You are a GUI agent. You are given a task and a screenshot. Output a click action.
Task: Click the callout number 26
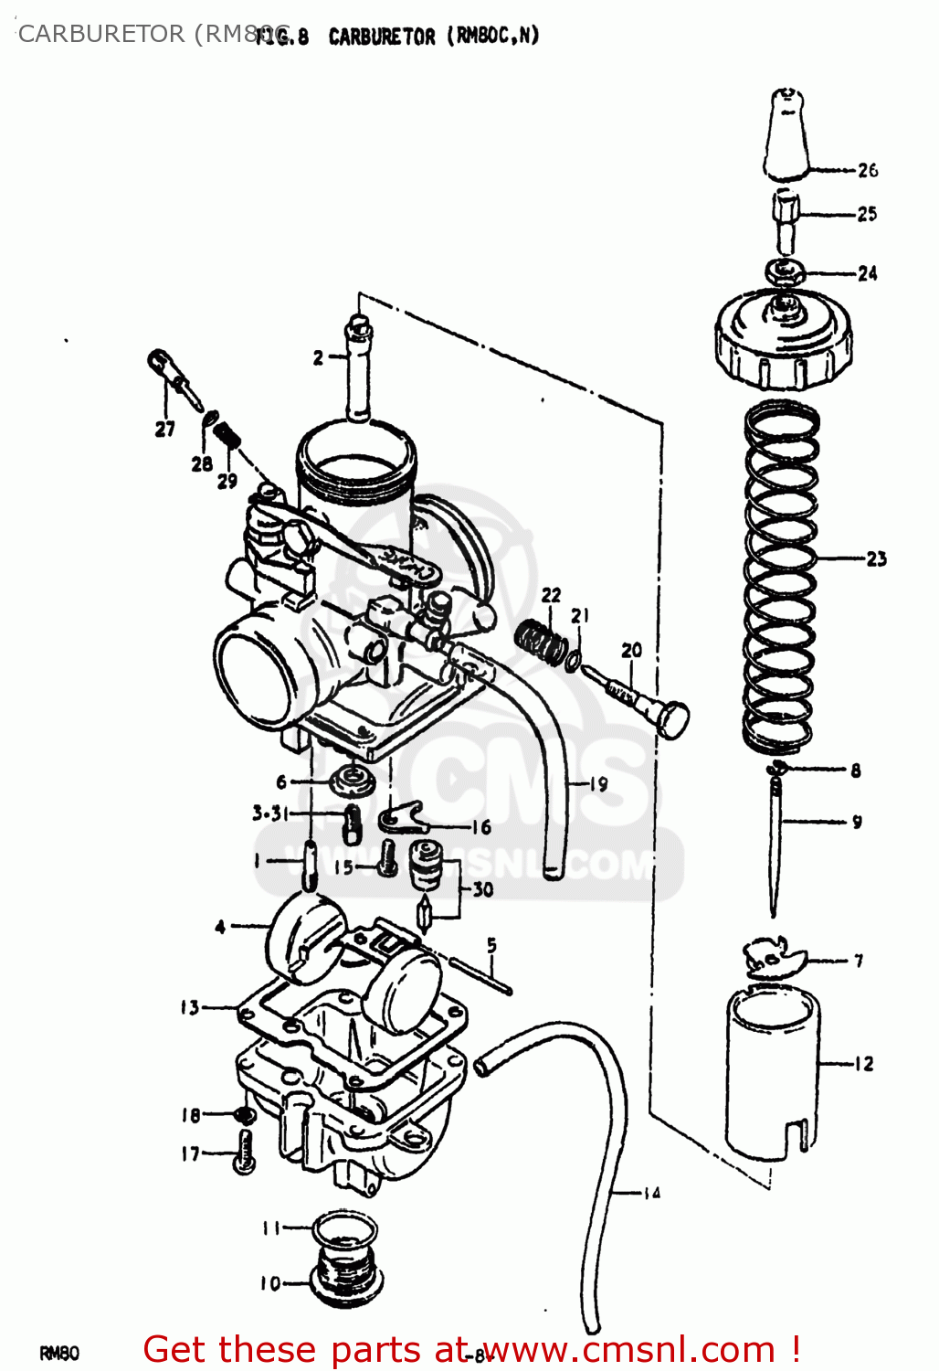867,170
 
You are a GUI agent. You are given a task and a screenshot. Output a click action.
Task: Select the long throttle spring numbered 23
782,576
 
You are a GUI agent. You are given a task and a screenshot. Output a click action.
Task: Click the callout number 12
863,1063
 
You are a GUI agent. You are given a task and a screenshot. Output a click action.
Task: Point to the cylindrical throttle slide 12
772,1074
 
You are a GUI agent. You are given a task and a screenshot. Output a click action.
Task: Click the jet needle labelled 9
775,841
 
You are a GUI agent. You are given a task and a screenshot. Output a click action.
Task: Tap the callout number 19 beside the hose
598,783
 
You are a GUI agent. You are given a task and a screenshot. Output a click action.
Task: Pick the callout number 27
164,429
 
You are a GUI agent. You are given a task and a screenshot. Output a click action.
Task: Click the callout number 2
318,357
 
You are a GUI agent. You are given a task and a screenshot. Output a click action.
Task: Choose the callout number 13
189,1007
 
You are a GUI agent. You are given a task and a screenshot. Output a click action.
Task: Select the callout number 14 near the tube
650,1193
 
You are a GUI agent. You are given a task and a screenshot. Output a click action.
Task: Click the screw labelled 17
245,1152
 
